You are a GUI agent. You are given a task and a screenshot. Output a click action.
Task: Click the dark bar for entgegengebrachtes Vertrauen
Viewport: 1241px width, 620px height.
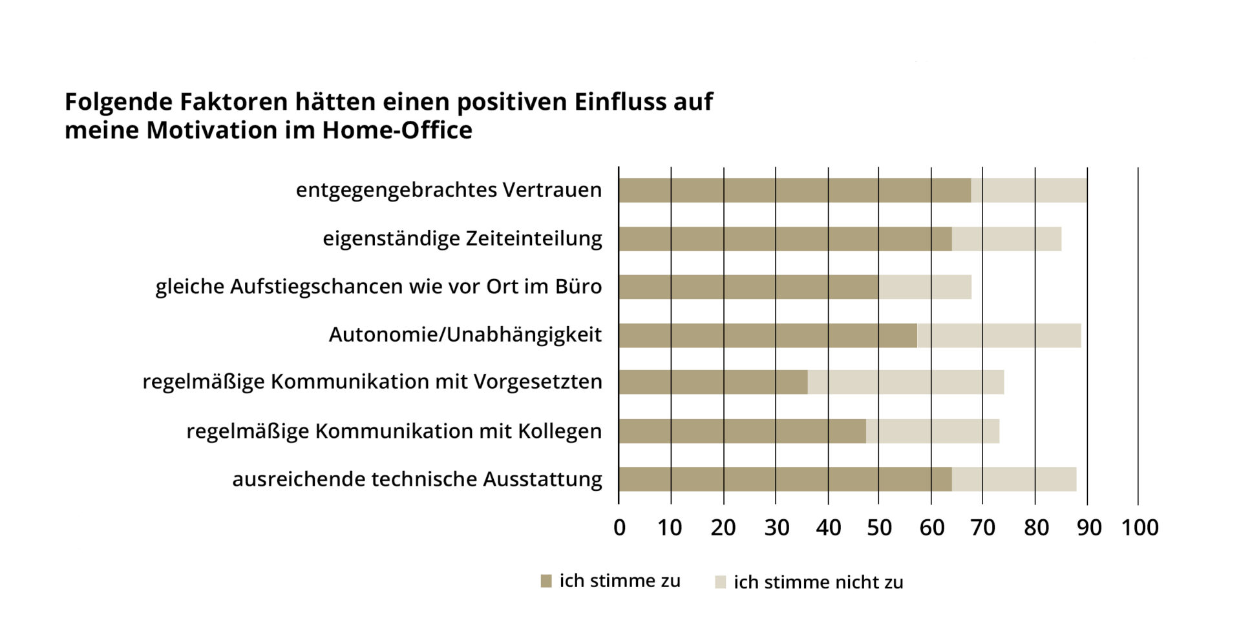click(794, 191)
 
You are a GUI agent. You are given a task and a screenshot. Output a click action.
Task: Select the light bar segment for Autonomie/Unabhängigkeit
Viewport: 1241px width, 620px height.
click(999, 336)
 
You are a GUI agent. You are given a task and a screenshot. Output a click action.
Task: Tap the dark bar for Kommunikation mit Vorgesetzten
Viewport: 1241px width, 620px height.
click(713, 382)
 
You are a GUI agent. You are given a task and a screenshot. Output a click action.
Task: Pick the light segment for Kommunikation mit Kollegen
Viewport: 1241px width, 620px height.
click(932, 431)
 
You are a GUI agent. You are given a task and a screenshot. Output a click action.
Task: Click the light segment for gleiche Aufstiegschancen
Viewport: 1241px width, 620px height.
click(924, 287)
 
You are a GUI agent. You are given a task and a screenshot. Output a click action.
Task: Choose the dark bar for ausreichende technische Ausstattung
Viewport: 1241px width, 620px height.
click(785, 479)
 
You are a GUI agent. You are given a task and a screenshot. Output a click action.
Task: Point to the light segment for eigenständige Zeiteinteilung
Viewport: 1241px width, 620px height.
click(1006, 239)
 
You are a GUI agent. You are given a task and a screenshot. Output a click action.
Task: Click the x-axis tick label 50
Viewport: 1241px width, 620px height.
click(879, 528)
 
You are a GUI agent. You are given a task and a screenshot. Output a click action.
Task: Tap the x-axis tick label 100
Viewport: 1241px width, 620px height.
click(1140, 528)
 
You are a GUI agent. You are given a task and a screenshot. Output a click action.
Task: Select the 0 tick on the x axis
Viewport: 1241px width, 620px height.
click(619, 528)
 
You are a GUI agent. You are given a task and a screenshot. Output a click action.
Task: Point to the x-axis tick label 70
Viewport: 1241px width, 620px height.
click(982, 528)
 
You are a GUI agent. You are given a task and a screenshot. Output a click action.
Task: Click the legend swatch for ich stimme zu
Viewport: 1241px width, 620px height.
click(546, 581)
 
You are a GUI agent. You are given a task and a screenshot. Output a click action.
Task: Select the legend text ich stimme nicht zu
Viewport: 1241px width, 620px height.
click(818, 583)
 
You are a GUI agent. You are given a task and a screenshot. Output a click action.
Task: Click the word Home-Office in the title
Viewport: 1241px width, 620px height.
click(397, 130)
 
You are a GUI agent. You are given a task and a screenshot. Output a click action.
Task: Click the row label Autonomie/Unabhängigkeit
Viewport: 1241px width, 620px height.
click(465, 335)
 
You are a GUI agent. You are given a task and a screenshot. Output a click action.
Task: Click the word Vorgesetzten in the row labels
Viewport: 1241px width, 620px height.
click(538, 382)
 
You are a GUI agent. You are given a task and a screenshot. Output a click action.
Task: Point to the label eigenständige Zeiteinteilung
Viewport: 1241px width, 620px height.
click(462, 238)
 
